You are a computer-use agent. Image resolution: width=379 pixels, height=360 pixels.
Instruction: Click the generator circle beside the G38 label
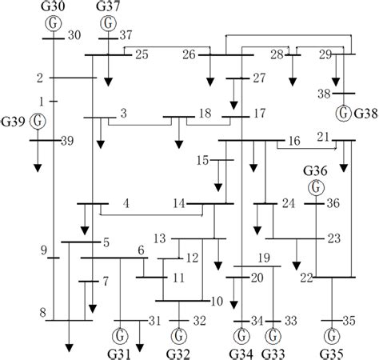344,110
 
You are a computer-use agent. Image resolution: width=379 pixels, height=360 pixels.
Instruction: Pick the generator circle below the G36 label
317,187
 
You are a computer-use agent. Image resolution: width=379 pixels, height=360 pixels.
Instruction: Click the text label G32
178,351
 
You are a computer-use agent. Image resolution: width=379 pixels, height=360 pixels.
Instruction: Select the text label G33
273,351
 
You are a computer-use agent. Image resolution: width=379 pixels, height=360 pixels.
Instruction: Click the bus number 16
294,141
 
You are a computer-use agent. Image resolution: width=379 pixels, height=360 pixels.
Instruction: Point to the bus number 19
265,258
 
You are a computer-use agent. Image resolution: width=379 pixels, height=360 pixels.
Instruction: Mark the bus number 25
142,54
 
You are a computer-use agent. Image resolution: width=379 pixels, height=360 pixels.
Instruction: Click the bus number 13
160,238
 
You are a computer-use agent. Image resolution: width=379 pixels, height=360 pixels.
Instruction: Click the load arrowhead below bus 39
37,168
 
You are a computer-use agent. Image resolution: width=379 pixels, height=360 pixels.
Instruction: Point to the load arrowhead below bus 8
70,346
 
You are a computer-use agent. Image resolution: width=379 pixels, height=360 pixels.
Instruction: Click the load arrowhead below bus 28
293,82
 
